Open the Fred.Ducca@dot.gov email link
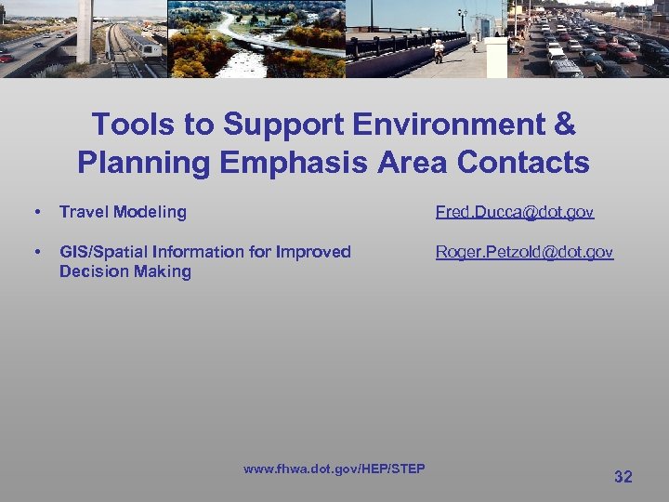(x=515, y=212)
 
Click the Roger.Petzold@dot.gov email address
(x=524, y=252)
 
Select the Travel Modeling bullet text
(x=123, y=212)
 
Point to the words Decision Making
(x=125, y=271)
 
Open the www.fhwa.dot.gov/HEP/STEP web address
(x=334, y=469)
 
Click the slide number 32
(x=623, y=477)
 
